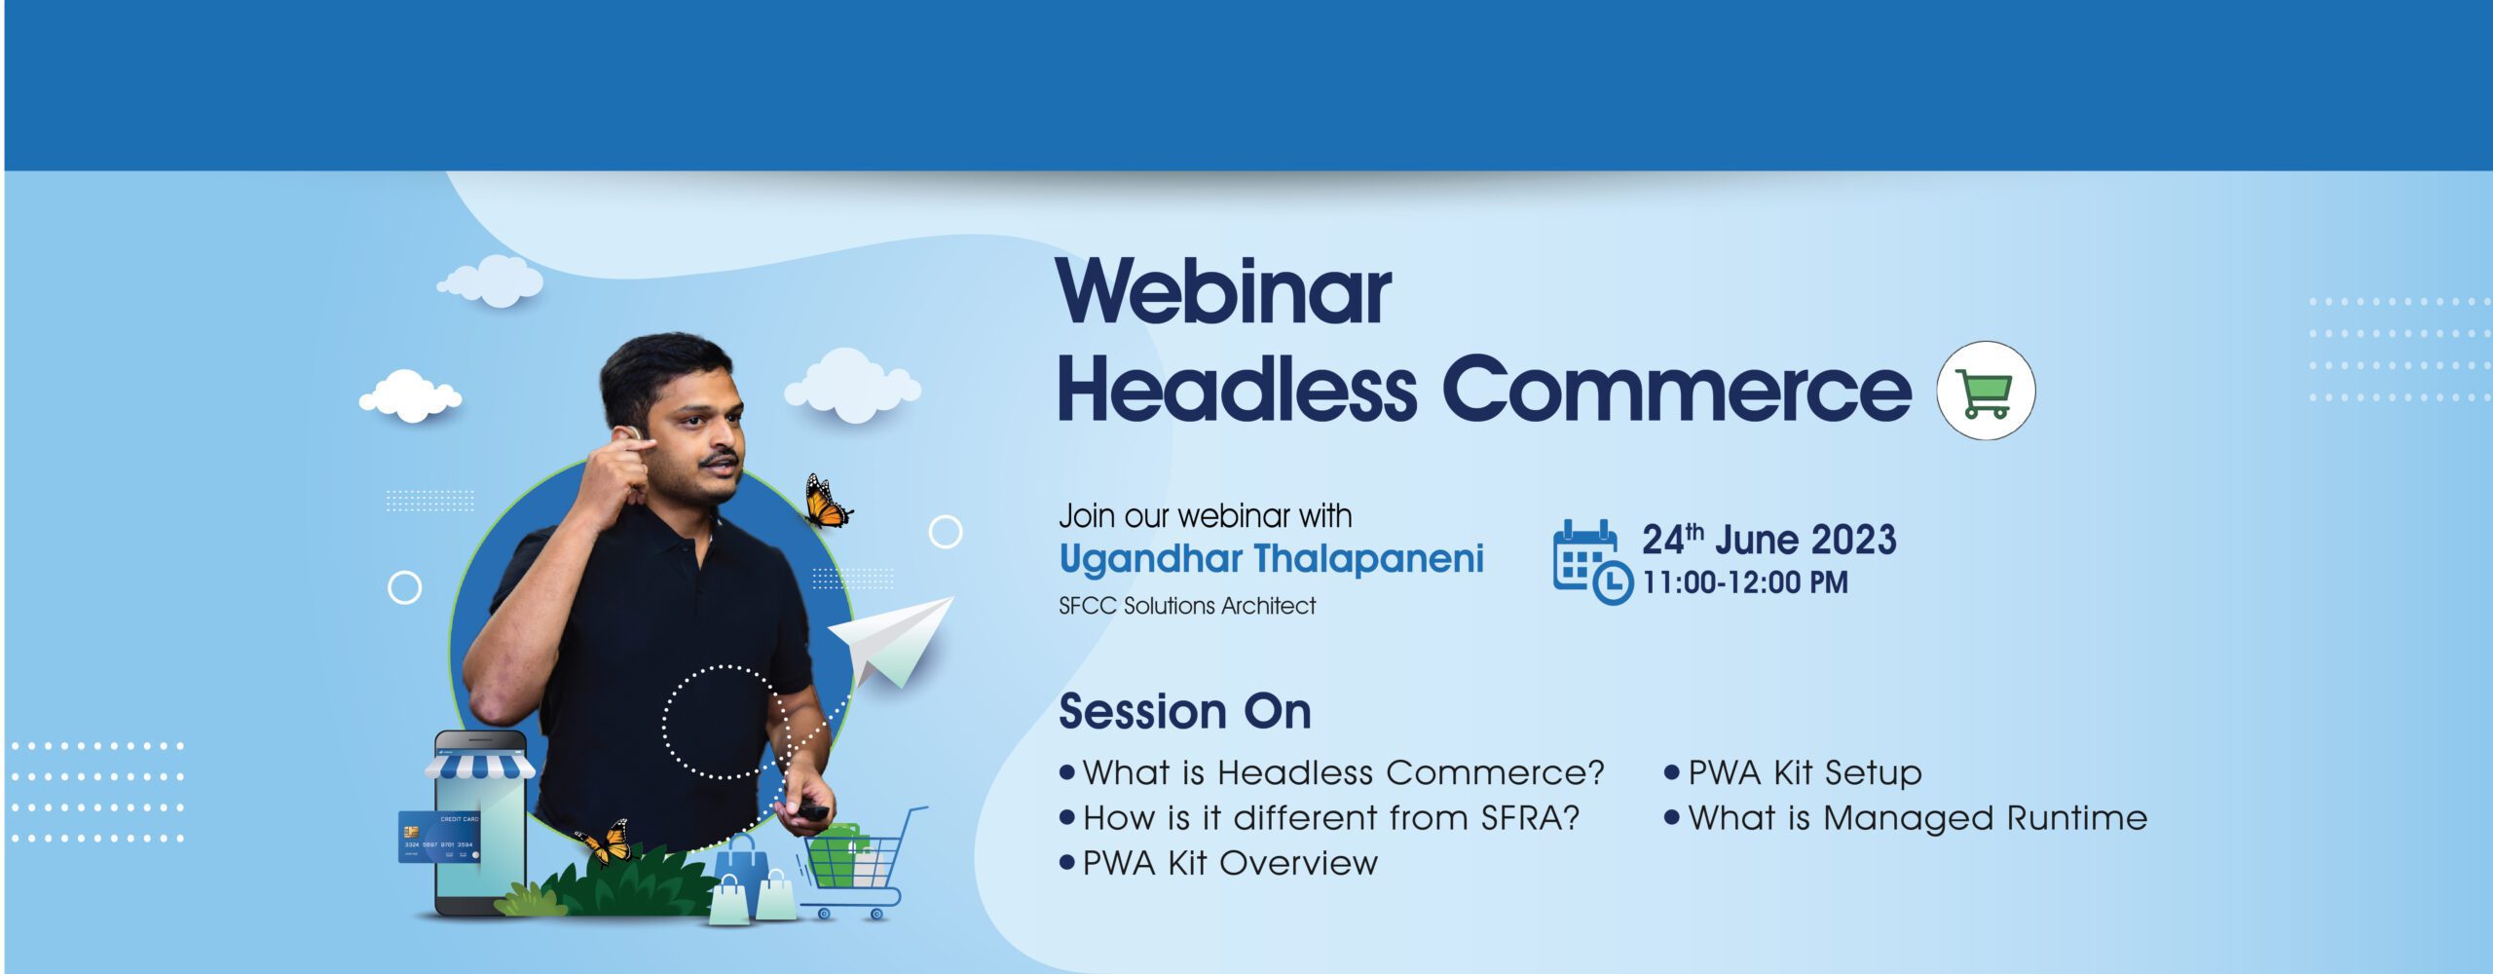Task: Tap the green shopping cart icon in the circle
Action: [1986, 392]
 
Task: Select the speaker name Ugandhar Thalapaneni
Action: [1271, 559]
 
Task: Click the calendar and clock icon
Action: [1592, 562]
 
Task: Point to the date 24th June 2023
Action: [1768, 539]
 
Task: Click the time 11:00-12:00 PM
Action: [1745, 582]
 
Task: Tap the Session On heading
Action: [1185, 711]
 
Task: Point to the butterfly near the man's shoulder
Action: [827, 502]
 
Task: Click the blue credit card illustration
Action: [439, 837]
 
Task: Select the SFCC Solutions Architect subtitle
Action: [1187, 606]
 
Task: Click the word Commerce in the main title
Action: [1677, 389]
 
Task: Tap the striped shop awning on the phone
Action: [479, 766]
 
